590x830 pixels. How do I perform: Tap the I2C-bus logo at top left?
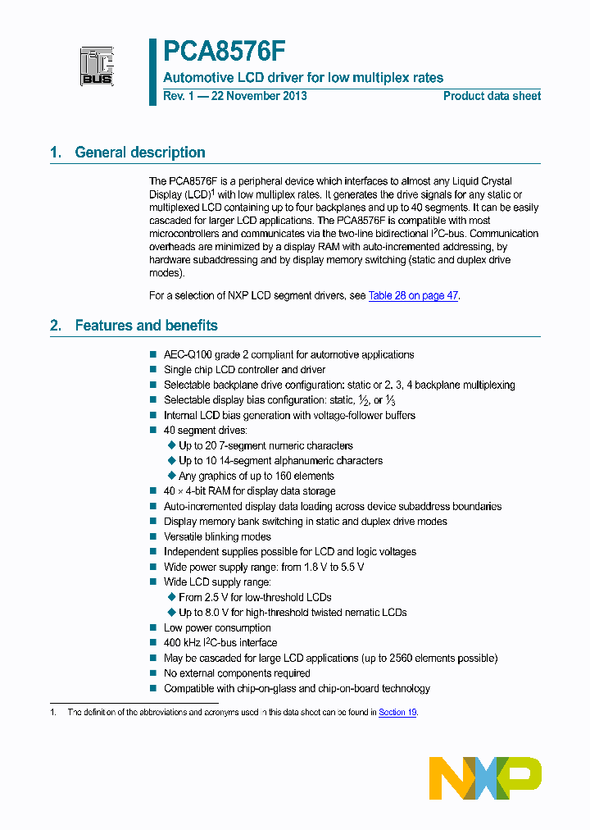click(x=97, y=66)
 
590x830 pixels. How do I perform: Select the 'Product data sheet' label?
click(x=492, y=96)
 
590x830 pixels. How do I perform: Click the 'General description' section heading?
click(x=139, y=153)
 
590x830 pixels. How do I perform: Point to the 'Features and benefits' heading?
click(x=146, y=326)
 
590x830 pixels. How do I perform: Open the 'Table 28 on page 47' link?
click(x=413, y=295)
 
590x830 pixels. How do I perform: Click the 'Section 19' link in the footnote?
click(x=397, y=713)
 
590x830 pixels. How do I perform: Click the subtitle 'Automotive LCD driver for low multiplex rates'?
click(x=303, y=78)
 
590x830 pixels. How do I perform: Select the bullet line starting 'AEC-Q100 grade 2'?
click(x=288, y=354)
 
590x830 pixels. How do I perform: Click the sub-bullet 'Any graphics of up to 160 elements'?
click(x=256, y=476)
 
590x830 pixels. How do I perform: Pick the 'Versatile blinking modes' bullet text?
click(x=217, y=536)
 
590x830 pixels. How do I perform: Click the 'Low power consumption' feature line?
click(x=217, y=627)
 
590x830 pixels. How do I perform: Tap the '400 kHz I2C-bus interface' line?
click(x=220, y=643)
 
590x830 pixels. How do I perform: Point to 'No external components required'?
click(x=237, y=673)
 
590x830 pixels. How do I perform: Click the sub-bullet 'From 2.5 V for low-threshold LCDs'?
click(x=255, y=597)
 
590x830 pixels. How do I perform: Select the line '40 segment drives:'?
click(x=205, y=430)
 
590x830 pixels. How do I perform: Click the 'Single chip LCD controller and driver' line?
click(x=244, y=370)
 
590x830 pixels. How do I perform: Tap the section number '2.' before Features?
click(x=56, y=326)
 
